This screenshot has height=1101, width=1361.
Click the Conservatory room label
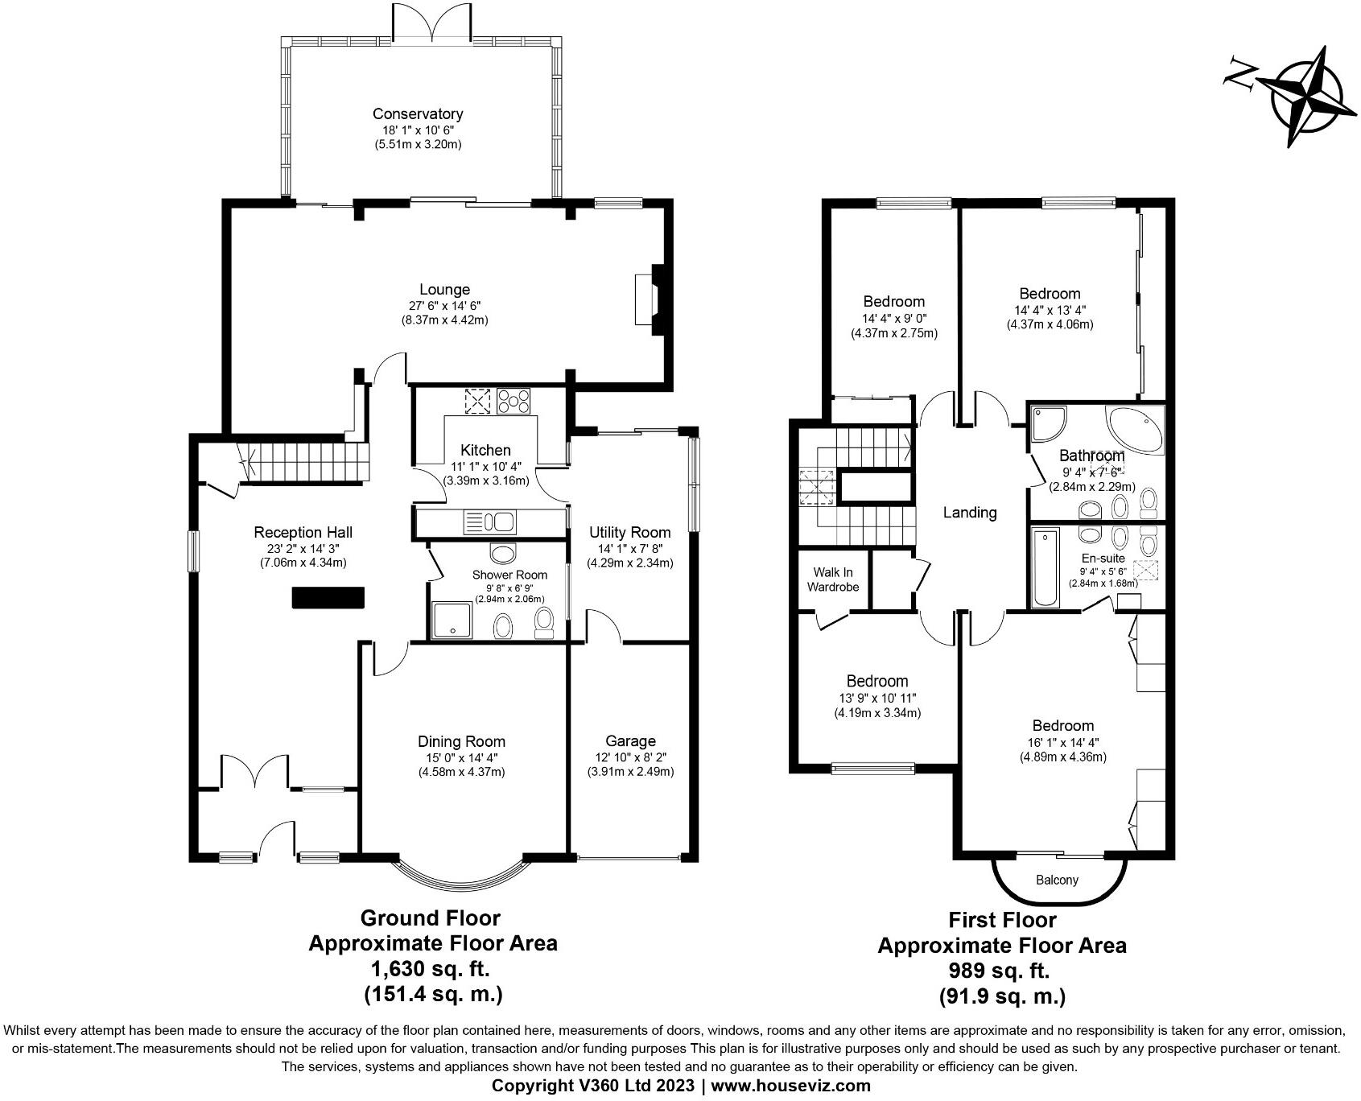click(x=417, y=114)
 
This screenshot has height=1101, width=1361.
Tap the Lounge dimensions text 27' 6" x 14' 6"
click(x=444, y=305)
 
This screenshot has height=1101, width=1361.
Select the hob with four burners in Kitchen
click(x=514, y=400)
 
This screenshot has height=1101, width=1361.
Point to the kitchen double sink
click(x=489, y=522)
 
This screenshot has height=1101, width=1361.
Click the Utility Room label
click(x=629, y=532)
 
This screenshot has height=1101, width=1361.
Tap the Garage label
click(x=630, y=740)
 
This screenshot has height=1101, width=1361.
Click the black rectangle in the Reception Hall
click(x=328, y=598)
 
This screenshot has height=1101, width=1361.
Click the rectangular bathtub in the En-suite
click(x=1044, y=567)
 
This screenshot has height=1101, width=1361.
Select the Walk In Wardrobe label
click(x=833, y=579)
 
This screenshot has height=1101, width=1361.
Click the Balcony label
click(x=1057, y=880)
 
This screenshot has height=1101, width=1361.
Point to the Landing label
click(x=969, y=512)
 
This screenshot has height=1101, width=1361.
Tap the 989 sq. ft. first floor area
click(x=1001, y=970)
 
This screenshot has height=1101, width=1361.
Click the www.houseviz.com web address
click(x=790, y=1085)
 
